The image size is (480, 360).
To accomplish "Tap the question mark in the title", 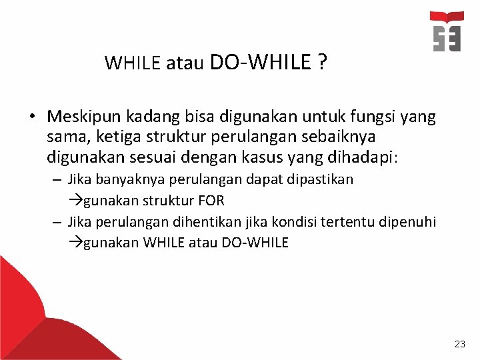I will [x=322, y=63].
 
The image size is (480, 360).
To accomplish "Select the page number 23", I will [x=459, y=344].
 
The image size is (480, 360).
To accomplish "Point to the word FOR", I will [x=211, y=201].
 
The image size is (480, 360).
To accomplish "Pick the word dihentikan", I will [x=186, y=222].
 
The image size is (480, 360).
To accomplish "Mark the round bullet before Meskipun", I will [x=32, y=118].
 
